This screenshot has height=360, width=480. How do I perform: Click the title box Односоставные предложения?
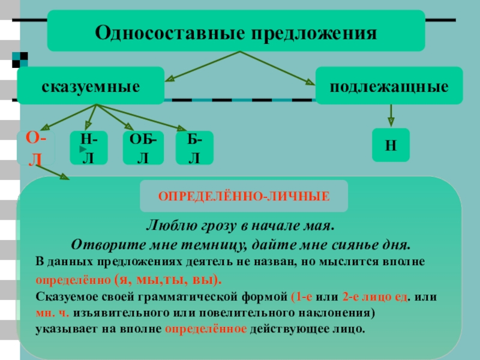pos(236,31)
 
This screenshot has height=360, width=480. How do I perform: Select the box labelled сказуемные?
pos(91,86)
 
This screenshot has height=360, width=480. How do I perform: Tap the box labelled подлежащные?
pos(389,86)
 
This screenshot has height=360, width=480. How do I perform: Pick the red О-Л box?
pos(36,148)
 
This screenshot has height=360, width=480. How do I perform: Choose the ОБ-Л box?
pos(143,148)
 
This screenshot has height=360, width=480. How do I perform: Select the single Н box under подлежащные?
pos(391,145)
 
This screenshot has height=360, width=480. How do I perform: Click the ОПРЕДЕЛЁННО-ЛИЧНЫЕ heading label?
pos(244,196)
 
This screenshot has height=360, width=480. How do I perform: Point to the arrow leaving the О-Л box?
pos(53,172)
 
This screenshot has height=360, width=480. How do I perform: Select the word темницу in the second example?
pos(214,244)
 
